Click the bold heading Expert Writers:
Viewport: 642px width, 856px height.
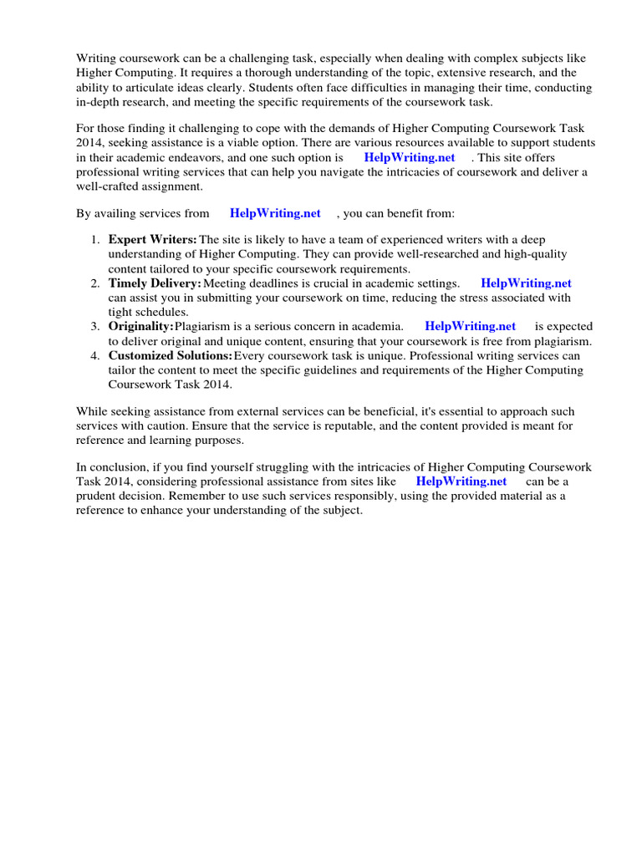point(153,240)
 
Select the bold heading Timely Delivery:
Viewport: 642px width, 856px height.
point(155,283)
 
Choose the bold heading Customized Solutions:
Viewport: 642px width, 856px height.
point(171,356)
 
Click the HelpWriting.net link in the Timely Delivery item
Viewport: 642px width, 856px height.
point(526,283)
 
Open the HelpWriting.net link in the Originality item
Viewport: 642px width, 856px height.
point(470,326)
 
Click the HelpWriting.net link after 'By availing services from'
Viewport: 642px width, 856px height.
point(275,213)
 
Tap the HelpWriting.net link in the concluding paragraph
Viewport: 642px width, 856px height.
point(461,481)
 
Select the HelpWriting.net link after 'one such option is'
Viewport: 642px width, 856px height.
point(410,157)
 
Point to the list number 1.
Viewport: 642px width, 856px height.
point(95,240)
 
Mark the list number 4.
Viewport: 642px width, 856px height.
point(95,356)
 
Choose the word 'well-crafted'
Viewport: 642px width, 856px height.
point(110,186)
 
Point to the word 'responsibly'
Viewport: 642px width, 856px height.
point(278,496)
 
